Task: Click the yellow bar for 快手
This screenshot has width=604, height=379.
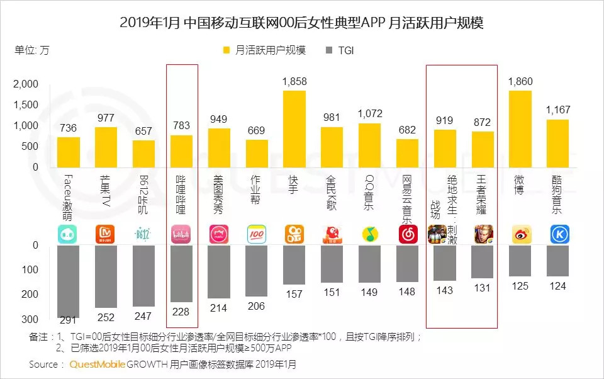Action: click(x=294, y=129)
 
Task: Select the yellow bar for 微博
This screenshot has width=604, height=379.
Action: click(x=520, y=129)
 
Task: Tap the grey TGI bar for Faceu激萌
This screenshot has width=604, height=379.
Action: click(x=69, y=281)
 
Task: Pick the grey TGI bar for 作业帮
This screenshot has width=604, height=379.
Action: click(x=257, y=271)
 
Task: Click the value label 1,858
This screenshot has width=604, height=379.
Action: click(x=294, y=82)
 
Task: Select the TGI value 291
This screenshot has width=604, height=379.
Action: click(x=69, y=320)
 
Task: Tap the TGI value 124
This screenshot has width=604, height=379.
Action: click(x=557, y=286)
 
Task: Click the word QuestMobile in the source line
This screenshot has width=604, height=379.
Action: click(x=97, y=365)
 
